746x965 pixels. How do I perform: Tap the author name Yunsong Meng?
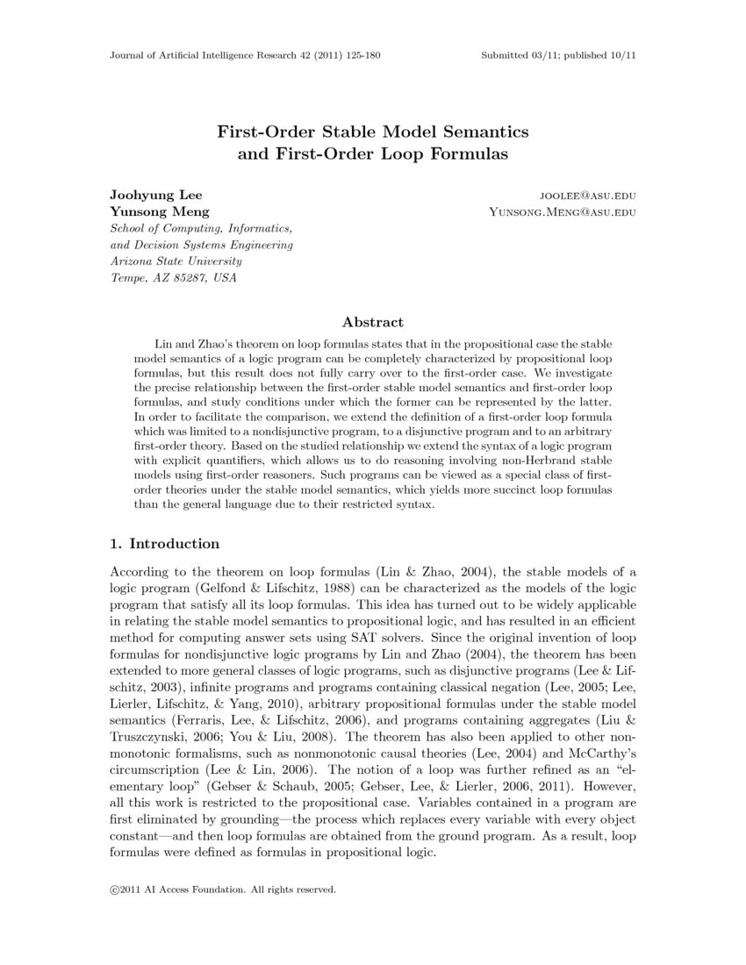[x=159, y=211]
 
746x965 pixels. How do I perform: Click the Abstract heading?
[x=373, y=322]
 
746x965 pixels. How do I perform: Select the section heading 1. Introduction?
[x=164, y=544]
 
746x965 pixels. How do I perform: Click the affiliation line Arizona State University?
[x=176, y=261]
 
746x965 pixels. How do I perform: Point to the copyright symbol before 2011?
[x=114, y=890]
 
